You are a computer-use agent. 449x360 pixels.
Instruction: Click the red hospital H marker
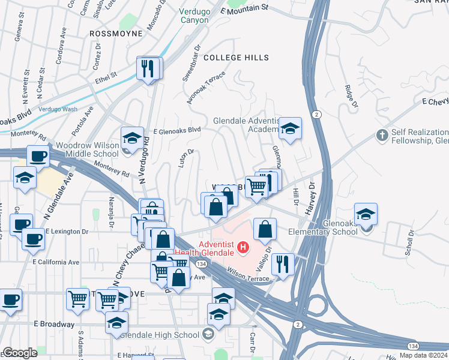point(243,247)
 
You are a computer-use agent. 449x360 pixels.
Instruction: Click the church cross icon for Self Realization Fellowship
point(382,135)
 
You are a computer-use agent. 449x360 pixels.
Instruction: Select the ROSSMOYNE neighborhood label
point(116,34)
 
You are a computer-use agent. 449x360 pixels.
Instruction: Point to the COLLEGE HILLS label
point(236,58)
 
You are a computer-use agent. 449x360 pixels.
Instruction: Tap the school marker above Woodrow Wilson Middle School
point(132,139)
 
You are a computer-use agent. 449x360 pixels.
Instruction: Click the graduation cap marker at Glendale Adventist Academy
point(290,128)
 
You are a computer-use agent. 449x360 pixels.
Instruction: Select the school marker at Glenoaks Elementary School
point(366,215)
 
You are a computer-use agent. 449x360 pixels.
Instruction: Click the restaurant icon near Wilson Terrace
point(282,264)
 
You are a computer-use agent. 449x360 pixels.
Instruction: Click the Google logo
point(20,353)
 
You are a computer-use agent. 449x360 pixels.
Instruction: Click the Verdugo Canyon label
point(194,16)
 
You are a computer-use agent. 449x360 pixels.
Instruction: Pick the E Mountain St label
point(244,10)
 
